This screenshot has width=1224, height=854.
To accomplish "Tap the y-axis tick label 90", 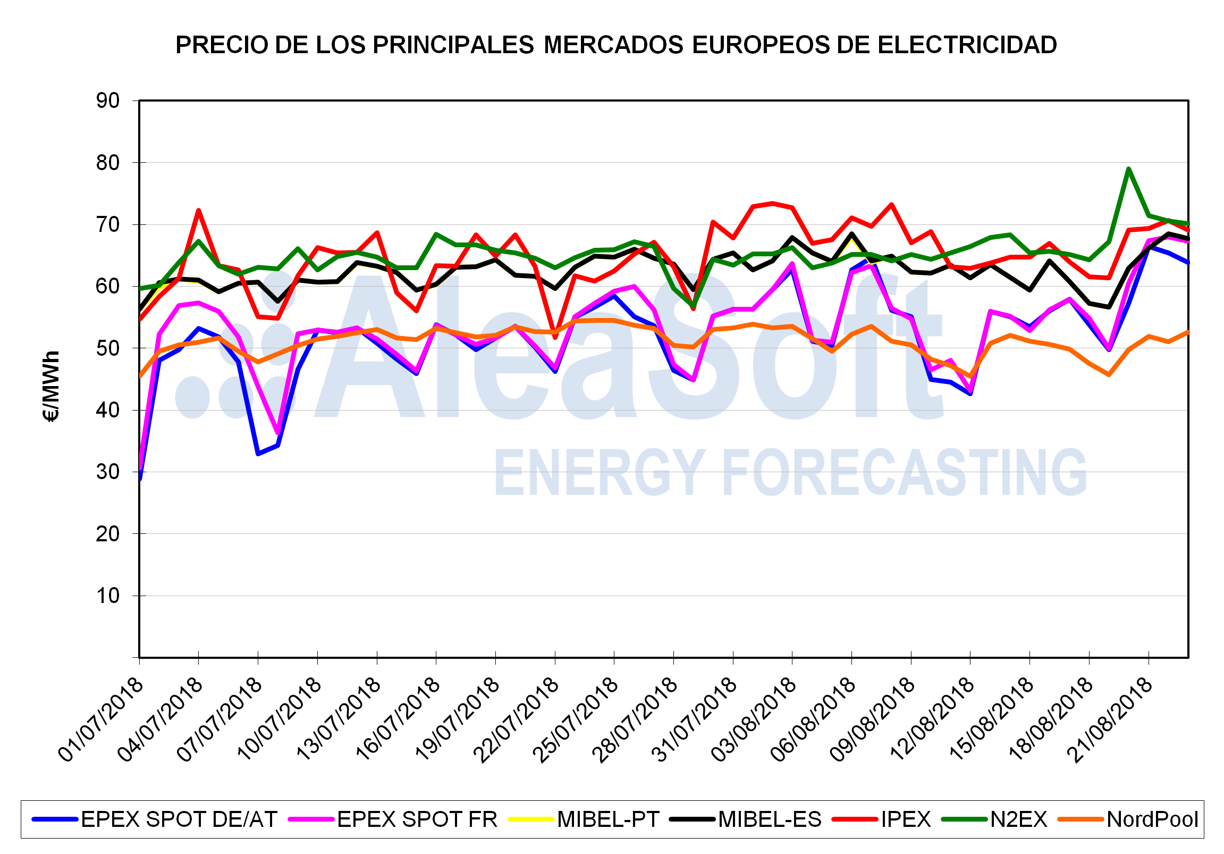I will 108,101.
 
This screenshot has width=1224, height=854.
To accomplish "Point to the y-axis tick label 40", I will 108,410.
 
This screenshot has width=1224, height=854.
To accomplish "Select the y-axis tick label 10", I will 108,596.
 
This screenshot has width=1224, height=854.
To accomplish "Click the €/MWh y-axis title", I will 51,386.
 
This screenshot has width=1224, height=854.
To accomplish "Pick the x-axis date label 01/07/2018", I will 102,720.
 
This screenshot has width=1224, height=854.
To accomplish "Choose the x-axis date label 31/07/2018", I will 695,720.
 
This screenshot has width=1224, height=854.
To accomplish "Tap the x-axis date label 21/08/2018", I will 1110,720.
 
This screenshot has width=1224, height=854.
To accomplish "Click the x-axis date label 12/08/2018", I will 932,720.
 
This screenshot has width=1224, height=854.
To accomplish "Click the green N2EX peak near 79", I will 1128,169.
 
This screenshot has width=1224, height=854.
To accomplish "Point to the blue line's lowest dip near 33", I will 258,454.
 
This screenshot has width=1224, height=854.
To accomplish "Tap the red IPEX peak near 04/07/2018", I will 198,210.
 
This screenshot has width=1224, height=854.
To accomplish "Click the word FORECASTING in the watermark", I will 904,472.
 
